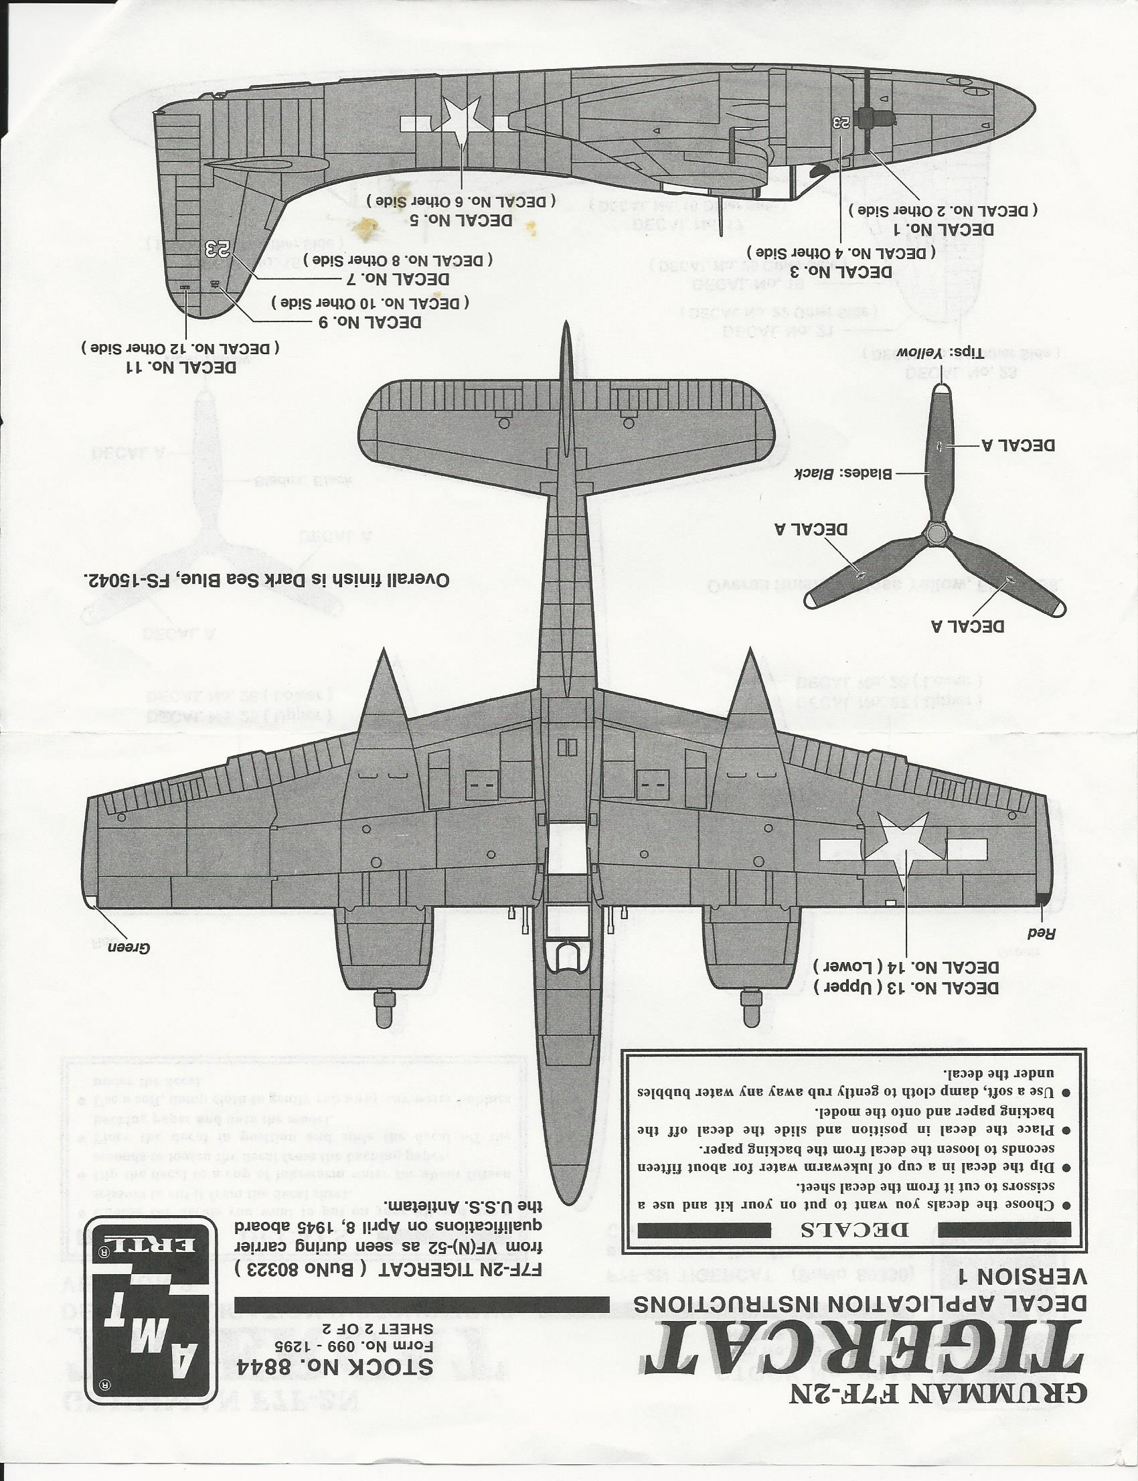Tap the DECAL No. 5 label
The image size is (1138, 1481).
point(460,220)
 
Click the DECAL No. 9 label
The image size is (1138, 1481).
point(370,322)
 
